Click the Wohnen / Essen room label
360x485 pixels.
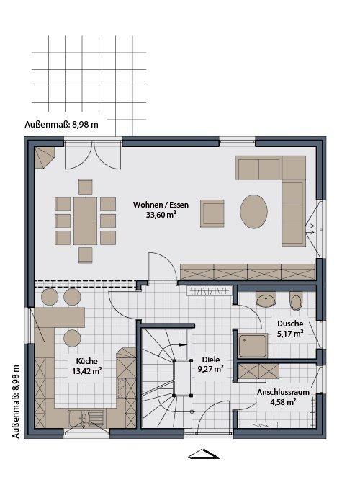coord(161,205)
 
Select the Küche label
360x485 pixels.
coord(87,361)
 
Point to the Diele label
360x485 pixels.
coord(211,360)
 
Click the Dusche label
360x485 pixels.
coord(290,324)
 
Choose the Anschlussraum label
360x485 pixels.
coord(284,392)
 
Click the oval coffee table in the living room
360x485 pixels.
coord(253,212)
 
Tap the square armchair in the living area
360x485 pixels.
coord(212,213)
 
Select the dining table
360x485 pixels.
coord(85,221)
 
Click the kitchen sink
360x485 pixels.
coord(86,418)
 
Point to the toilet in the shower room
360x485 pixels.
coord(296,301)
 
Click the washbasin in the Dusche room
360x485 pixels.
coord(266,299)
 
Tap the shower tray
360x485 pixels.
coord(253,346)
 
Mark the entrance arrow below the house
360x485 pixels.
coord(204,454)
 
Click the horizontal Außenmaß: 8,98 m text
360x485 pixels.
coord(61,125)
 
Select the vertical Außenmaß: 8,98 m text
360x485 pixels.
coord(16,401)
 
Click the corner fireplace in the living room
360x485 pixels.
coord(43,157)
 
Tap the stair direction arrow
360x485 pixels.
coord(180,344)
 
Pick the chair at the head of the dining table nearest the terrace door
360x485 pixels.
coord(85,187)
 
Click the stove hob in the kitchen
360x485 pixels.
coord(122,388)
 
